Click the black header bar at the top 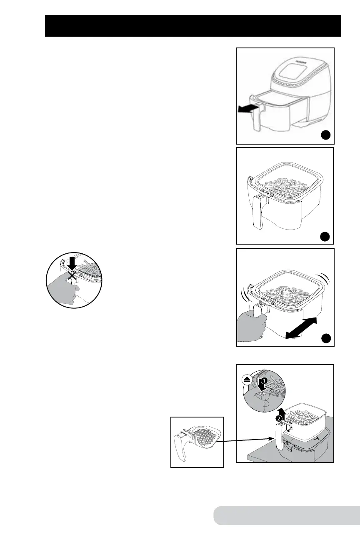pyautogui.click(x=193, y=26)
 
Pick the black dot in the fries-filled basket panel pyautogui.click(x=325, y=236)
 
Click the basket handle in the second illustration pyautogui.click(x=260, y=212)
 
